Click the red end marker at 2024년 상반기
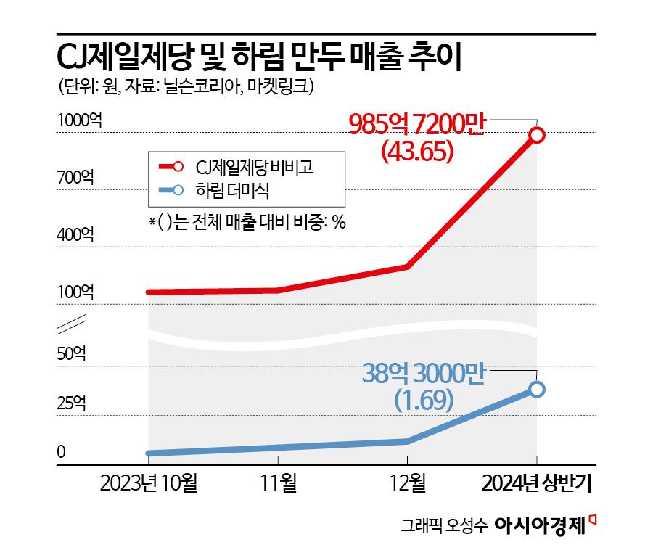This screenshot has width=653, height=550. pos(537,135)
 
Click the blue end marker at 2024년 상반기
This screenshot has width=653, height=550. pos(537,390)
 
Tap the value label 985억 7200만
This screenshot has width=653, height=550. pos(420,126)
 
